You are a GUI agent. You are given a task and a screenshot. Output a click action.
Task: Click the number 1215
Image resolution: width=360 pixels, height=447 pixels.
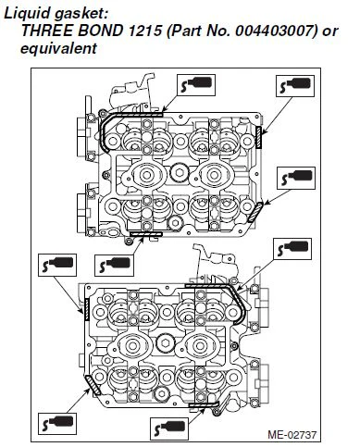pos(144,31)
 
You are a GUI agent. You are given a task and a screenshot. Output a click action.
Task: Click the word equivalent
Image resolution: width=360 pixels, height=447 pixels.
pos(58,48)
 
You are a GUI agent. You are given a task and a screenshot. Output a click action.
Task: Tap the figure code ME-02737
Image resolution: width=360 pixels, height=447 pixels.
pos(292,435)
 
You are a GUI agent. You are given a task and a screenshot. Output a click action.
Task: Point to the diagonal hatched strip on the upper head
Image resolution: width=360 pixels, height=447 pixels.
pos(255,212)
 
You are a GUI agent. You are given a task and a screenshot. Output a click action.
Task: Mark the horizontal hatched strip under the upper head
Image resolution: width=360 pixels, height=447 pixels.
pos(146,234)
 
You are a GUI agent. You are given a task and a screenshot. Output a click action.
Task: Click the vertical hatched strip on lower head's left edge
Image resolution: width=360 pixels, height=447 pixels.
pos(87,309)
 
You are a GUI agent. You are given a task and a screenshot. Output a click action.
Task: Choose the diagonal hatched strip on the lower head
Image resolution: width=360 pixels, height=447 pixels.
pos(93,385)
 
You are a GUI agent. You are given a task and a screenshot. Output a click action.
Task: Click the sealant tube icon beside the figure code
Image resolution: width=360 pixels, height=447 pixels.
pos(169,428)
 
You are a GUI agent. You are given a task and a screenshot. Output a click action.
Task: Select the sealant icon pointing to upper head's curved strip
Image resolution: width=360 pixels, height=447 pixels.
pos(196,84)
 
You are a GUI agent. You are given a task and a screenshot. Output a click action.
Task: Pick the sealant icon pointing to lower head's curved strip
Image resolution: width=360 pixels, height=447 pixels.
pos(292,249)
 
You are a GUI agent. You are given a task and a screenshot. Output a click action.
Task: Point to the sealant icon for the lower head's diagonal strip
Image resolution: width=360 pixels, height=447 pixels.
pos(57,423)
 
